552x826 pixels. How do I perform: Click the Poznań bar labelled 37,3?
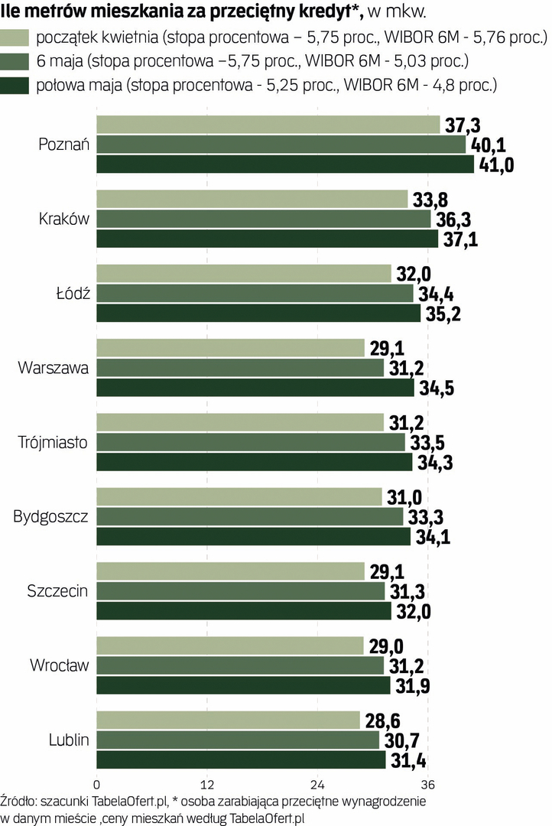pos(268,125)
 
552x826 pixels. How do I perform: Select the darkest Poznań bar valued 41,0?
pos(284,164)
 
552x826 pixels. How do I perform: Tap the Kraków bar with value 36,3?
pos(264,219)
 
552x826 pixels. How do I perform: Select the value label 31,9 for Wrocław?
pos(414,686)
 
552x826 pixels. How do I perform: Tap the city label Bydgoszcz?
pos(50,516)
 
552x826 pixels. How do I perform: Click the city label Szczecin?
pos(57,590)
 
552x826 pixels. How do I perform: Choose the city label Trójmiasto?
pos(53,442)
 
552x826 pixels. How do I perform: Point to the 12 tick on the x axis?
pos(206,785)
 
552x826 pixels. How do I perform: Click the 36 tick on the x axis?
pos(428,785)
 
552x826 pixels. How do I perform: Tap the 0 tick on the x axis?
pos(96,785)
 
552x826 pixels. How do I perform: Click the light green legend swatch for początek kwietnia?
pos(15,37)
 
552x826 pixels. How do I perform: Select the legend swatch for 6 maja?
pos(15,60)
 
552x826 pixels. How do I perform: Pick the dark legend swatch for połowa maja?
pos(15,84)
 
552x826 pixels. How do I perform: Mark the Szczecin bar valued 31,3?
pos(241,591)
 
